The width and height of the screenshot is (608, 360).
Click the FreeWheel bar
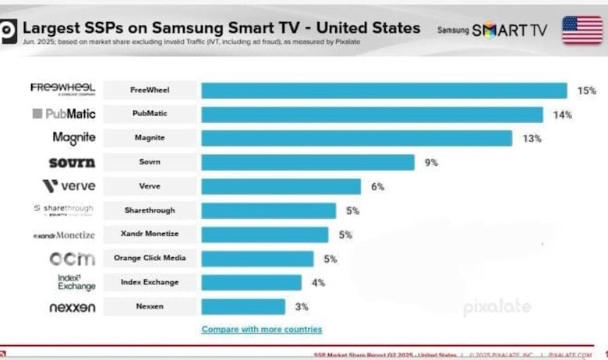[384, 90]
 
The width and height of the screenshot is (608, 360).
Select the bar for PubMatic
[372, 115]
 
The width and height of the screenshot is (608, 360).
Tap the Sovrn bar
[308, 162]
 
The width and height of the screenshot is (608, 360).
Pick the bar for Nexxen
[243, 306]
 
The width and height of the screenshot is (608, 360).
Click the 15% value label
[586, 90]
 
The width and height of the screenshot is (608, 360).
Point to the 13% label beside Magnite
[532, 139]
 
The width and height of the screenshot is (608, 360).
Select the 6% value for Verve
[378, 186]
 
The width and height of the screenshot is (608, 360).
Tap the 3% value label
[302, 306]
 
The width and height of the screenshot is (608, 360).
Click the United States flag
[582, 30]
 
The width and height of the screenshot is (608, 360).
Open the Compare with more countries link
[261, 329]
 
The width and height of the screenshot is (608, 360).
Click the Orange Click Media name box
[150, 258]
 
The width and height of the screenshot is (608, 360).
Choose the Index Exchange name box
[150, 282]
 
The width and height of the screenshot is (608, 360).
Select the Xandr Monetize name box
[150, 235]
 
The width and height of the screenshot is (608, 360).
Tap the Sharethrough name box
[150, 210]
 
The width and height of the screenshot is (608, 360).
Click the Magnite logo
[74, 138]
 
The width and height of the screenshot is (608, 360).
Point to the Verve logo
[69, 186]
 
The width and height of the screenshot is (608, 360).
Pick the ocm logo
[72, 258]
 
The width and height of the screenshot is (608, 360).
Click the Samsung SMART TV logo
[493, 30]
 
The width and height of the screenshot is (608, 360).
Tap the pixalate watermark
[497, 307]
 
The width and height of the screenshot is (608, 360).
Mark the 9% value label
[431, 162]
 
